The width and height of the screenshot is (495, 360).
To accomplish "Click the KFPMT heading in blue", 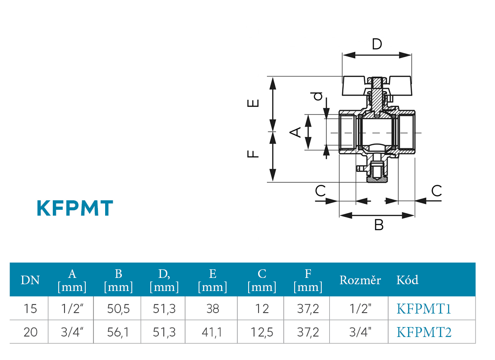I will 74,208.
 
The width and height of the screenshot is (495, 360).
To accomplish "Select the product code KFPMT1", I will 424,309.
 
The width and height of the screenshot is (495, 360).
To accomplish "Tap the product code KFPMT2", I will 424,332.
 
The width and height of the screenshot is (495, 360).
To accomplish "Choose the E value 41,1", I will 213,332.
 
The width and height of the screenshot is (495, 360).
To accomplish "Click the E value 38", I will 213,309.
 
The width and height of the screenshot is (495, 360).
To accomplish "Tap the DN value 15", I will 30,309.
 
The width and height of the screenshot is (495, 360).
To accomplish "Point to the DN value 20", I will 30,332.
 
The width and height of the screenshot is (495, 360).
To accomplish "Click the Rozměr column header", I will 360,280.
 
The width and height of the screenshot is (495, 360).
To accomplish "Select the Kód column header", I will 407,280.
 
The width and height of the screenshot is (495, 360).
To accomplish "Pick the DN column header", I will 30,280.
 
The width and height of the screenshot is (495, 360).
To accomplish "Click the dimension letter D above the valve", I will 377,44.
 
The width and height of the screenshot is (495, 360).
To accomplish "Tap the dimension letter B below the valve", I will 379,225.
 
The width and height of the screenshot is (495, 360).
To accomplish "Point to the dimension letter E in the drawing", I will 254,103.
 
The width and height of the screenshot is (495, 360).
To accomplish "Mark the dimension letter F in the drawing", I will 254,154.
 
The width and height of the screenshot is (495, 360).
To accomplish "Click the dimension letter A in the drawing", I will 295,132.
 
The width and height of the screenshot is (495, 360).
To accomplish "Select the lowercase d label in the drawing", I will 319,96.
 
